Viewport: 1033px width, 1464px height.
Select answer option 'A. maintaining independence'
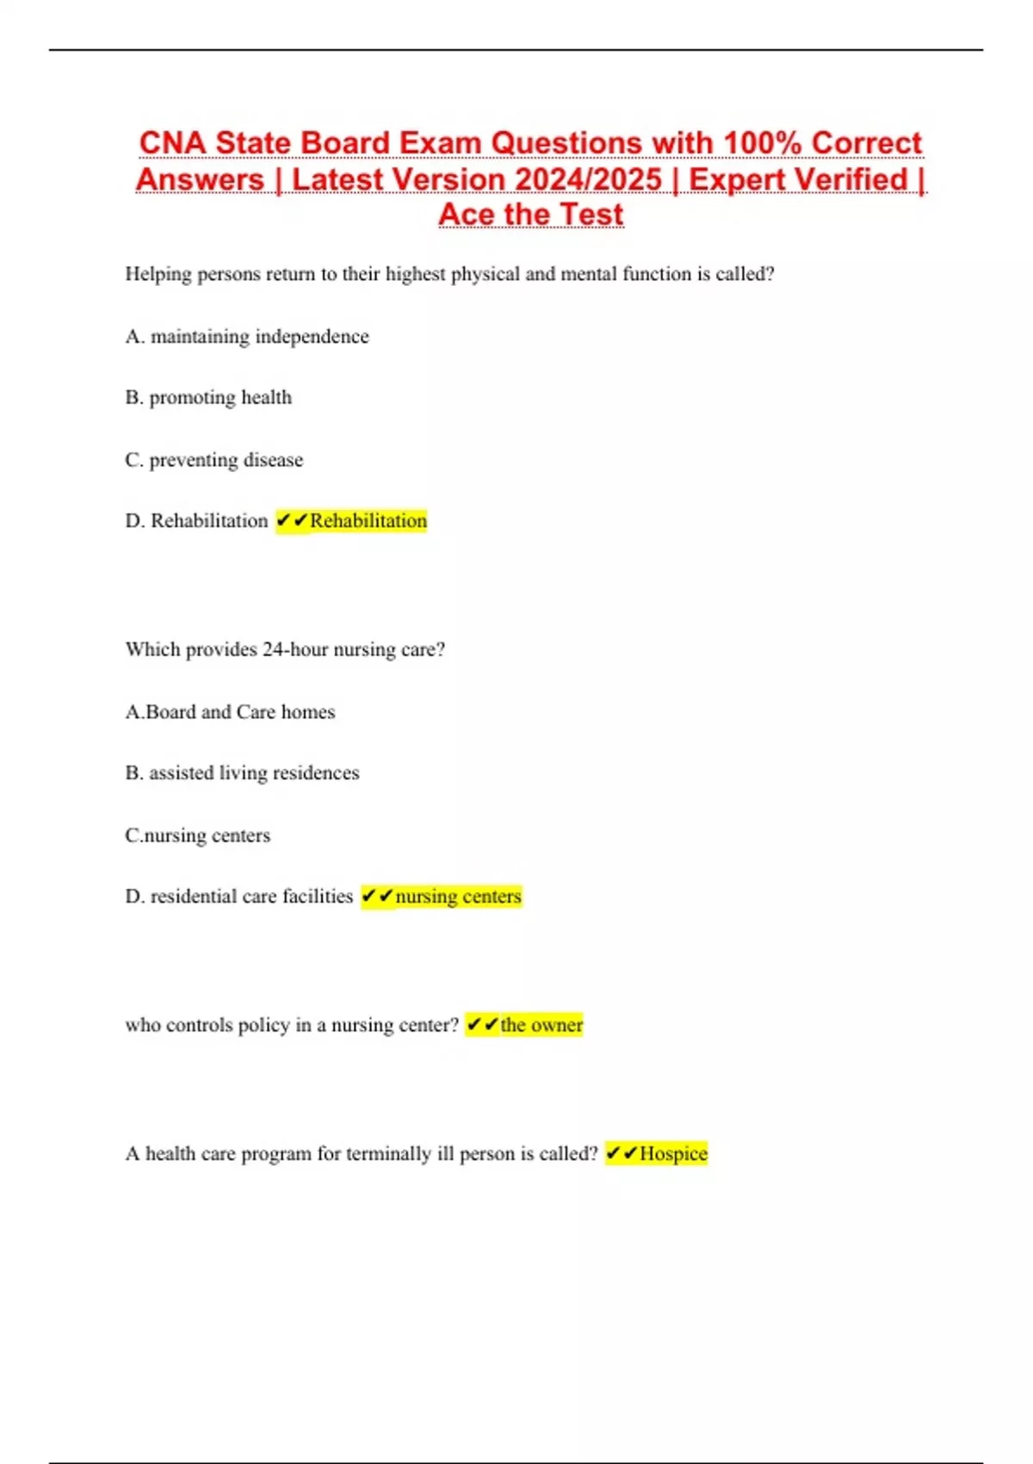click(247, 337)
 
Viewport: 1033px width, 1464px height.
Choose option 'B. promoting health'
click(208, 398)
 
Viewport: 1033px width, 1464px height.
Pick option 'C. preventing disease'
click(214, 460)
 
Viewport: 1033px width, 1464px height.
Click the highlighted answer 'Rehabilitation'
click(368, 521)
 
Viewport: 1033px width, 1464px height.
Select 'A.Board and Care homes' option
click(230, 712)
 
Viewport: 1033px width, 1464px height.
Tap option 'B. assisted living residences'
click(242, 773)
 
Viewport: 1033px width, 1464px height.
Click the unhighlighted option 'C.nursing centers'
click(197, 835)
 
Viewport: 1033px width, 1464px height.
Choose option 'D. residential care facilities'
click(238, 896)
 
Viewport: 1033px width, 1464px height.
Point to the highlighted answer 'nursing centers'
click(458, 896)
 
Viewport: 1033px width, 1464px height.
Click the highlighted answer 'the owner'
click(541, 1025)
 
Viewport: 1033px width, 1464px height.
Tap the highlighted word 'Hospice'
click(673, 1154)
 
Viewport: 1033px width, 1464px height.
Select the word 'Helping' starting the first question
click(158, 275)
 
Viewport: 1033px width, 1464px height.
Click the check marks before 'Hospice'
click(622, 1153)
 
